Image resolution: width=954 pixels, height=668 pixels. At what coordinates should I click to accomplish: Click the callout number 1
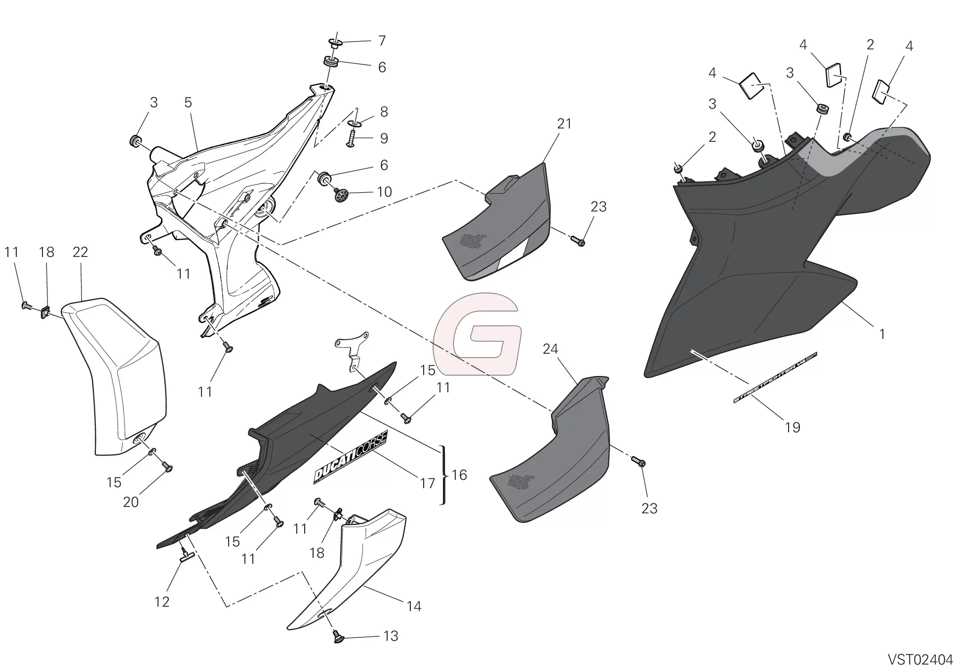click(882, 334)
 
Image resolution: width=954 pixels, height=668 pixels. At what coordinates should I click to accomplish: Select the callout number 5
click(188, 103)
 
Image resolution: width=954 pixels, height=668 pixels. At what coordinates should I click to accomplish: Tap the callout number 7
click(382, 41)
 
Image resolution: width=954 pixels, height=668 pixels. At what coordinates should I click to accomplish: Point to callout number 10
click(384, 192)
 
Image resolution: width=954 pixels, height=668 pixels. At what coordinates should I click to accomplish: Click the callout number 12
click(162, 602)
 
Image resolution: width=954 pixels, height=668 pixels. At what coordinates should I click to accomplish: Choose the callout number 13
click(391, 636)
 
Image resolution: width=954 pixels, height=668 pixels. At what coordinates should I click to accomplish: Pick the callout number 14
click(414, 606)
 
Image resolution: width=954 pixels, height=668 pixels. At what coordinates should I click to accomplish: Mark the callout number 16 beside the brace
click(459, 475)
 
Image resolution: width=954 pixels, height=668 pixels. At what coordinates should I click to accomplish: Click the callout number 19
click(793, 427)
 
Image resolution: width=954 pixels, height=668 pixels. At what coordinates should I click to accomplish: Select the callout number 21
click(564, 124)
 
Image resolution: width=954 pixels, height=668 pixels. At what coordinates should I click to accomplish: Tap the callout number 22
click(80, 252)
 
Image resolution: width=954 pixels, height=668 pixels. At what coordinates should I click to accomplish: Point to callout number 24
click(550, 349)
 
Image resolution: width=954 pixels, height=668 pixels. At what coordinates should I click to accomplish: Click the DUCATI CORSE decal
click(351, 457)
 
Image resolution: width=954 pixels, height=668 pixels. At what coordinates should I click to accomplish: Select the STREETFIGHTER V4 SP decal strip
click(775, 377)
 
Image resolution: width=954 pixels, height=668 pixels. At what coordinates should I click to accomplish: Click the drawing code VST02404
click(920, 659)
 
